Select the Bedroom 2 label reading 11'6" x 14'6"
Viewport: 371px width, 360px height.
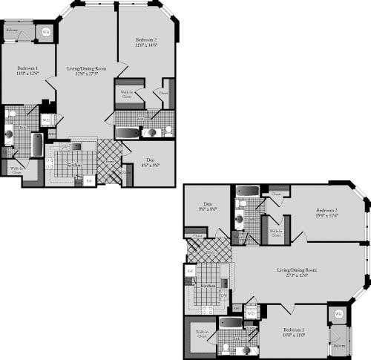click(146, 42)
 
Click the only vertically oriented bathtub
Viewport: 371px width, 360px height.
click(37, 145)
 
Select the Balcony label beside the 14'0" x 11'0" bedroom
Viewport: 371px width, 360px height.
click(338, 345)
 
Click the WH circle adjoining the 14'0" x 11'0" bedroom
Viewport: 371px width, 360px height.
click(338, 315)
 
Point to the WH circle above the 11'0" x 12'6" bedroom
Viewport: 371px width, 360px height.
click(45, 32)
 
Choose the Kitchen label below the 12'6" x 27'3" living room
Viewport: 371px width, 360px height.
click(74, 165)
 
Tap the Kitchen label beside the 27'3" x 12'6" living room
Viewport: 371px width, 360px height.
click(209, 285)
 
